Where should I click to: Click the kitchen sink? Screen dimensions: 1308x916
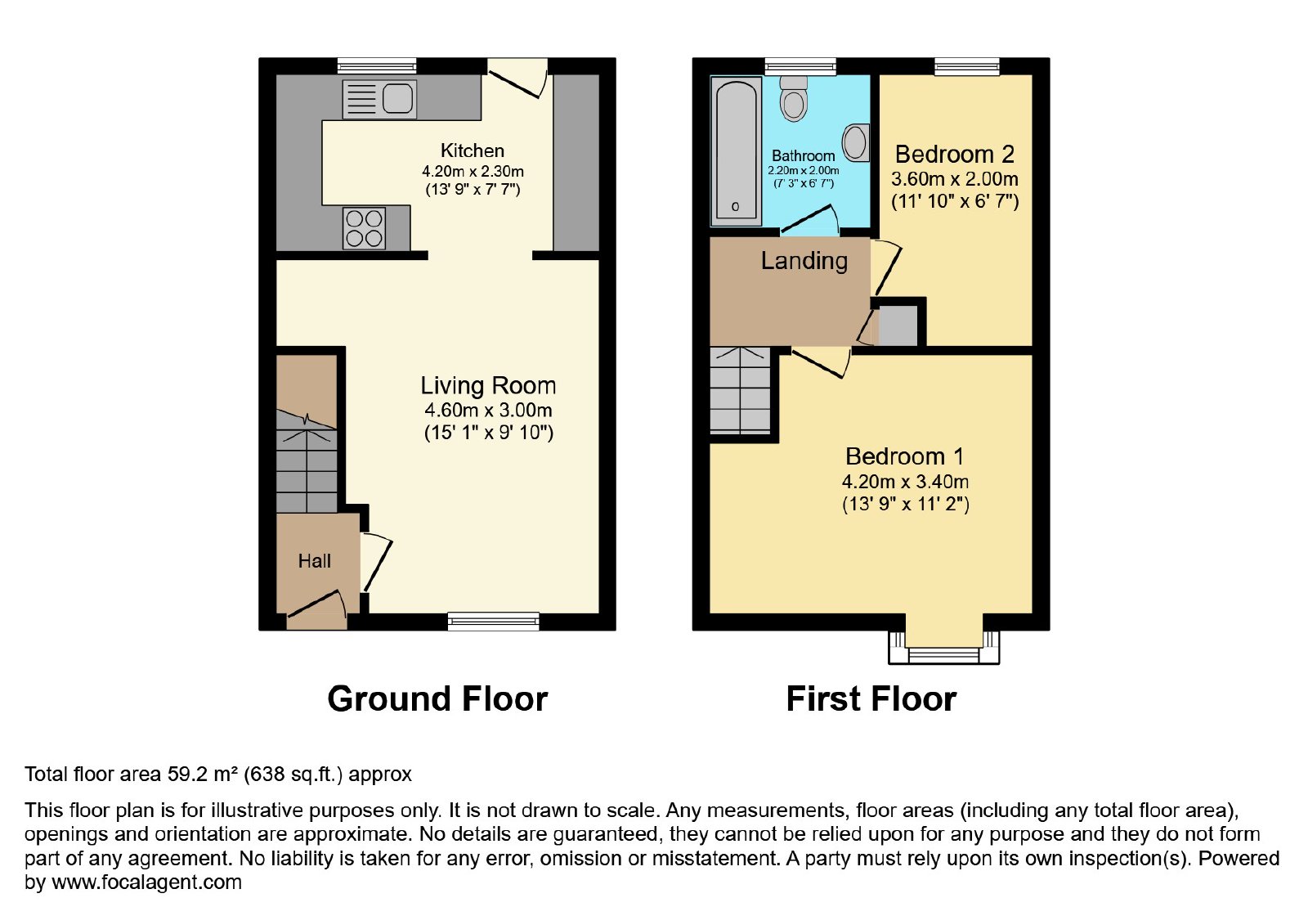379,99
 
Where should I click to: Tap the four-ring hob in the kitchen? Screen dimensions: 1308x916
365,228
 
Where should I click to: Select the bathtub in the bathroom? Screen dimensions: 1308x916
736,150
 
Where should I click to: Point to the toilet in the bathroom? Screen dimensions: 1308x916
794,98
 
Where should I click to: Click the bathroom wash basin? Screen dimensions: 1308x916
856,142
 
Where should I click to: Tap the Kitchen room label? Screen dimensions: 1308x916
473,150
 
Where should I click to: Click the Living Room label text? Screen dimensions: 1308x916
488,386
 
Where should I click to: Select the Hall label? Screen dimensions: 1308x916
315,561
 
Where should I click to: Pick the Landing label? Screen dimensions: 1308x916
804,261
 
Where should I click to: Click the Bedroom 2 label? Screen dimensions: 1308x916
955,155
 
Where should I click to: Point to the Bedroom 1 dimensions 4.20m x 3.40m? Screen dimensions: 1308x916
905,482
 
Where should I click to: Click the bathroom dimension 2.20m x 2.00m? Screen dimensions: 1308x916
804,171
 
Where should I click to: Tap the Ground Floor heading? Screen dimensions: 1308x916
437,698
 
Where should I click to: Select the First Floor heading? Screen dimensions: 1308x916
871,698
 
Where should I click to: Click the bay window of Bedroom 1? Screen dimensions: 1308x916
943,648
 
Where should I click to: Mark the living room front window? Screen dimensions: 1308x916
494,621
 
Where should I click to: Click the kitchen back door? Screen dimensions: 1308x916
517,79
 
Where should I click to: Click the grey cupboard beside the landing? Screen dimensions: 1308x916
898,325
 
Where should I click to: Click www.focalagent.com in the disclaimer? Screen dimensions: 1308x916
146,882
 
